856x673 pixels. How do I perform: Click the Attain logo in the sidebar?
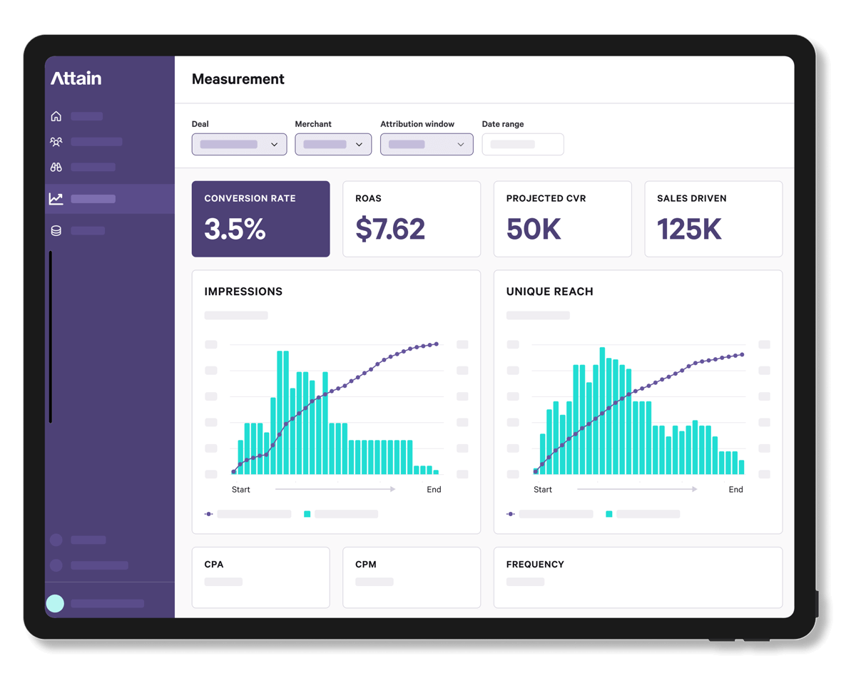point(76,78)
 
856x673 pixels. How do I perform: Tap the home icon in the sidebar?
point(56,116)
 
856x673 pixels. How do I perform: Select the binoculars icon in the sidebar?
point(56,167)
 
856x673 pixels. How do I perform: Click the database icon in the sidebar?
point(56,230)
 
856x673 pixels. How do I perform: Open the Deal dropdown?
point(239,144)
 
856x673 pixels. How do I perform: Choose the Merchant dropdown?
point(333,144)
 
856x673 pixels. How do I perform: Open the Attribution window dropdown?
point(427,144)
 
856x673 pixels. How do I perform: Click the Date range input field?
point(523,144)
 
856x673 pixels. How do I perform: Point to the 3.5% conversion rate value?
point(235,229)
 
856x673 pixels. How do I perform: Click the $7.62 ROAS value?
point(390,229)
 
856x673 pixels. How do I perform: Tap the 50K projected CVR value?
point(534,229)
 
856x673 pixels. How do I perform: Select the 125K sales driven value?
point(689,229)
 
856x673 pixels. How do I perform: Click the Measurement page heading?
point(238,79)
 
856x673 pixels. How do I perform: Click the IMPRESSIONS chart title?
point(243,292)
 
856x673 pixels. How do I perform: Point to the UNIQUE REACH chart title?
point(549,292)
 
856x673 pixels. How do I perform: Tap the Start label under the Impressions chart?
point(241,490)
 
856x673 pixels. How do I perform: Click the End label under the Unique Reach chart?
point(735,490)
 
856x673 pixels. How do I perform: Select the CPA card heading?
point(214,565)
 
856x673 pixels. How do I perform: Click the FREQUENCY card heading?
point(535,565)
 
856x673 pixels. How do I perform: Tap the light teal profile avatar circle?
point(55,604)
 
